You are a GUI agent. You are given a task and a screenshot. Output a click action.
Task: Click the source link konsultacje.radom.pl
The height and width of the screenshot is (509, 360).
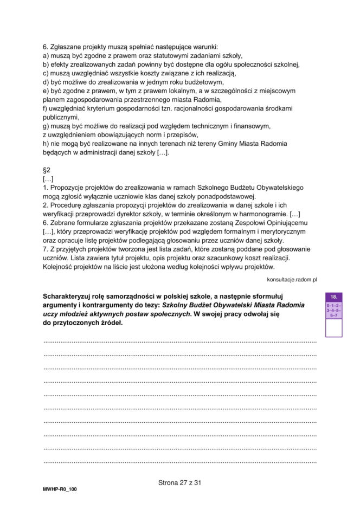coord(292,279)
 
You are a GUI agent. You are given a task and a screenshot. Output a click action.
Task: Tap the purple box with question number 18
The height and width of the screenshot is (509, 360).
coord(333,297)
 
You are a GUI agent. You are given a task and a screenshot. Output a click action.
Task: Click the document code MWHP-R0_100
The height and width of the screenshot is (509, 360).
coord(60,489)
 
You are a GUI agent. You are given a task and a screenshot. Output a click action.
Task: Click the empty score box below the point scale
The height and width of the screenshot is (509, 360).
coord(333,328)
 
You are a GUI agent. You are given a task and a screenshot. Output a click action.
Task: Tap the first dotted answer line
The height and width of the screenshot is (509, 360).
coord(179,342)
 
